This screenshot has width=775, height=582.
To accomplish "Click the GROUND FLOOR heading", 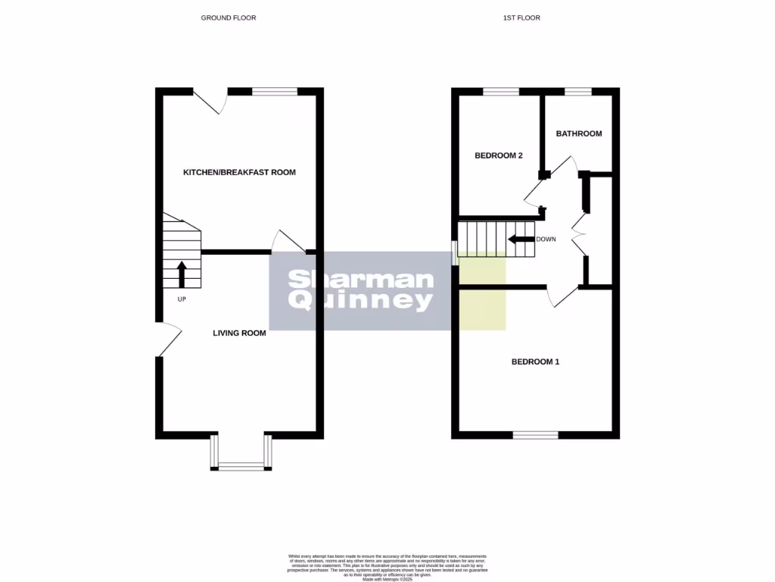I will (x=229, y=17).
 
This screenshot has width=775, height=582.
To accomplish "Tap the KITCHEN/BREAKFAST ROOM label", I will (x=239, y=173).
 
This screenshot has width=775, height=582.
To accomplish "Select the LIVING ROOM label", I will (x=239, y=333).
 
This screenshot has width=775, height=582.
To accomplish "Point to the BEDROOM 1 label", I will (x=535, y=361).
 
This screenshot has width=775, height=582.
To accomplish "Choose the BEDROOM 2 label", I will (x=499, y=156).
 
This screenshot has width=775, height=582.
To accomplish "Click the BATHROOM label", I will (x=579, y=134).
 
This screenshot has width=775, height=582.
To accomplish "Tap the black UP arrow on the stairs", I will (x=182, y=274).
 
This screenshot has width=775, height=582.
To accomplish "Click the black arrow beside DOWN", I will (x=520, y=239).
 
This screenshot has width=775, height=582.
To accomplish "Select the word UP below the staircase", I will (x=182, y=299).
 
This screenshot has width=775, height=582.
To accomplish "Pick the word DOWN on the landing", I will (x=546, y=239).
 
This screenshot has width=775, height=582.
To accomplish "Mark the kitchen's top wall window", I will (x=275, y=92).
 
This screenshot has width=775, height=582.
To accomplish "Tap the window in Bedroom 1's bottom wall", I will (x=536, y=435).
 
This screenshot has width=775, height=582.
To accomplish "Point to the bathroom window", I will (x=578, y=92).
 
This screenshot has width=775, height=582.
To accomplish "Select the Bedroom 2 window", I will (x=501, y=92).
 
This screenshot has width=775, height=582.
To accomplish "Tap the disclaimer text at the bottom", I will (x=387, y=568).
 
